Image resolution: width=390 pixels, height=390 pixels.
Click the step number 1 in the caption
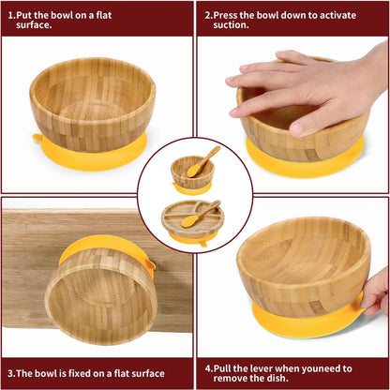9,16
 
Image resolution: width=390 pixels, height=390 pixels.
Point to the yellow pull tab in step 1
38,140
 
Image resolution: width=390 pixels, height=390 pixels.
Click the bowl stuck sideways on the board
100,295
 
